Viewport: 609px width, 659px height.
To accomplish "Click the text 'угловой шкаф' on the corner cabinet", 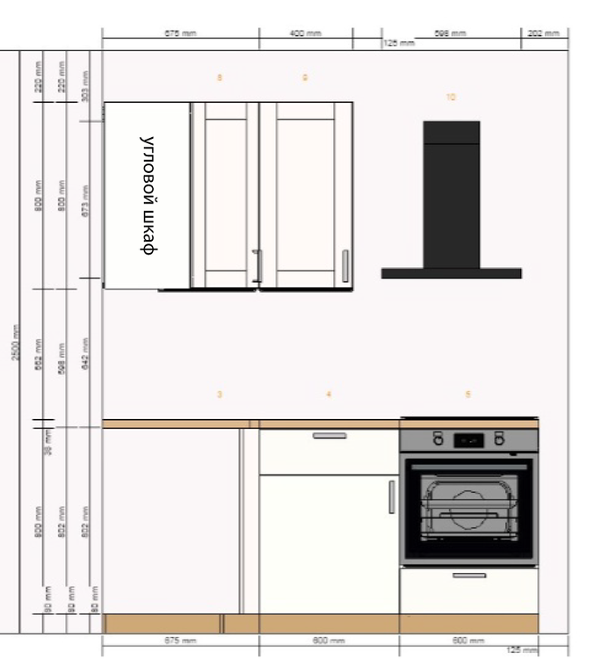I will click(149, 195).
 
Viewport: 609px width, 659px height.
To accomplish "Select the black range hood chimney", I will click(451, 193).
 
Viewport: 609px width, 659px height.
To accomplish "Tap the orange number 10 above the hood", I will click(451, 98).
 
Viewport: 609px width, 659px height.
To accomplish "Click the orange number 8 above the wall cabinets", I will click(220, 78).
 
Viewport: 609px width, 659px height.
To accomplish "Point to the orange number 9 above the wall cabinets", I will click(305, 78).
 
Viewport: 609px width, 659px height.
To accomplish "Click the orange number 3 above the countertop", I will click(220, 395).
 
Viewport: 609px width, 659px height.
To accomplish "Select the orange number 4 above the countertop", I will click(329, 395).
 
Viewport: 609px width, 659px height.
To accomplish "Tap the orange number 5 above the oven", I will click(468, 395).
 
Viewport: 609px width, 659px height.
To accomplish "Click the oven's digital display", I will click(468, 439).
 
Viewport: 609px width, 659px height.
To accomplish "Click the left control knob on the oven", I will click(437, 438).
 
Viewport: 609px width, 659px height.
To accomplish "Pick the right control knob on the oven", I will click(499, 438).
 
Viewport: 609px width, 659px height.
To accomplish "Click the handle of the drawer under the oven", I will click(468, 576).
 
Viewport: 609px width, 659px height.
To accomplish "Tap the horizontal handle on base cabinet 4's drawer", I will click(330, 436).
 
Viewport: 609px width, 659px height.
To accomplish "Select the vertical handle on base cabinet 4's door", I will click(392, 497).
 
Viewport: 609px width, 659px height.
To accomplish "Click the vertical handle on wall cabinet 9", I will click(344, 266).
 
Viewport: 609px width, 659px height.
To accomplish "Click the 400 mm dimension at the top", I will click(305, 33).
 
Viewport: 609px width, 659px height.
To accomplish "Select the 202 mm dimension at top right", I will click(544, 33).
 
